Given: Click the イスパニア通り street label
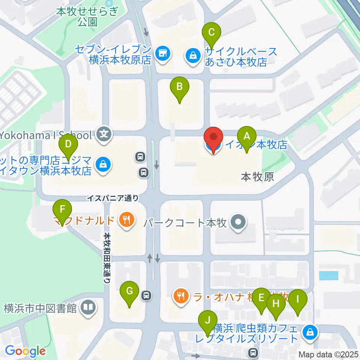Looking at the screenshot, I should (113, 198).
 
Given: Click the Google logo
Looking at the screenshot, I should (25, 351).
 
